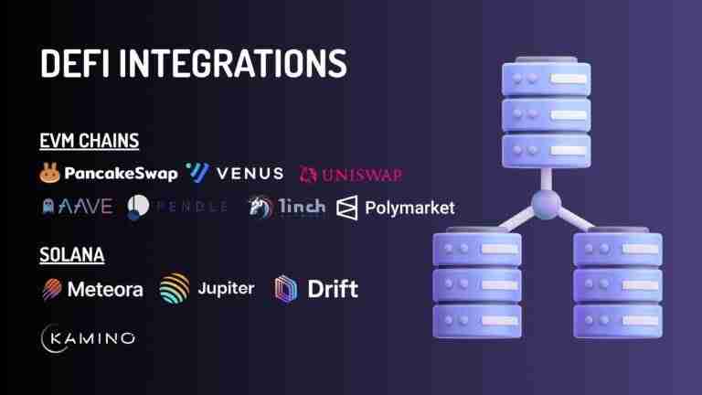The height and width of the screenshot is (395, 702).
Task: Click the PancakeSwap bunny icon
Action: [x=50, y=172]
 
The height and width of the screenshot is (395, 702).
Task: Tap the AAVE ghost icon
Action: [x=47, y=208]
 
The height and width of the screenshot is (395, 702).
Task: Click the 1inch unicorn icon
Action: [x=259, y=208]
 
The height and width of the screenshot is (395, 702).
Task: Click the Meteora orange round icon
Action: [x=52, y=290]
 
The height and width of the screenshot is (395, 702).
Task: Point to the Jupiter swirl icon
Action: [x=175, y=290]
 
